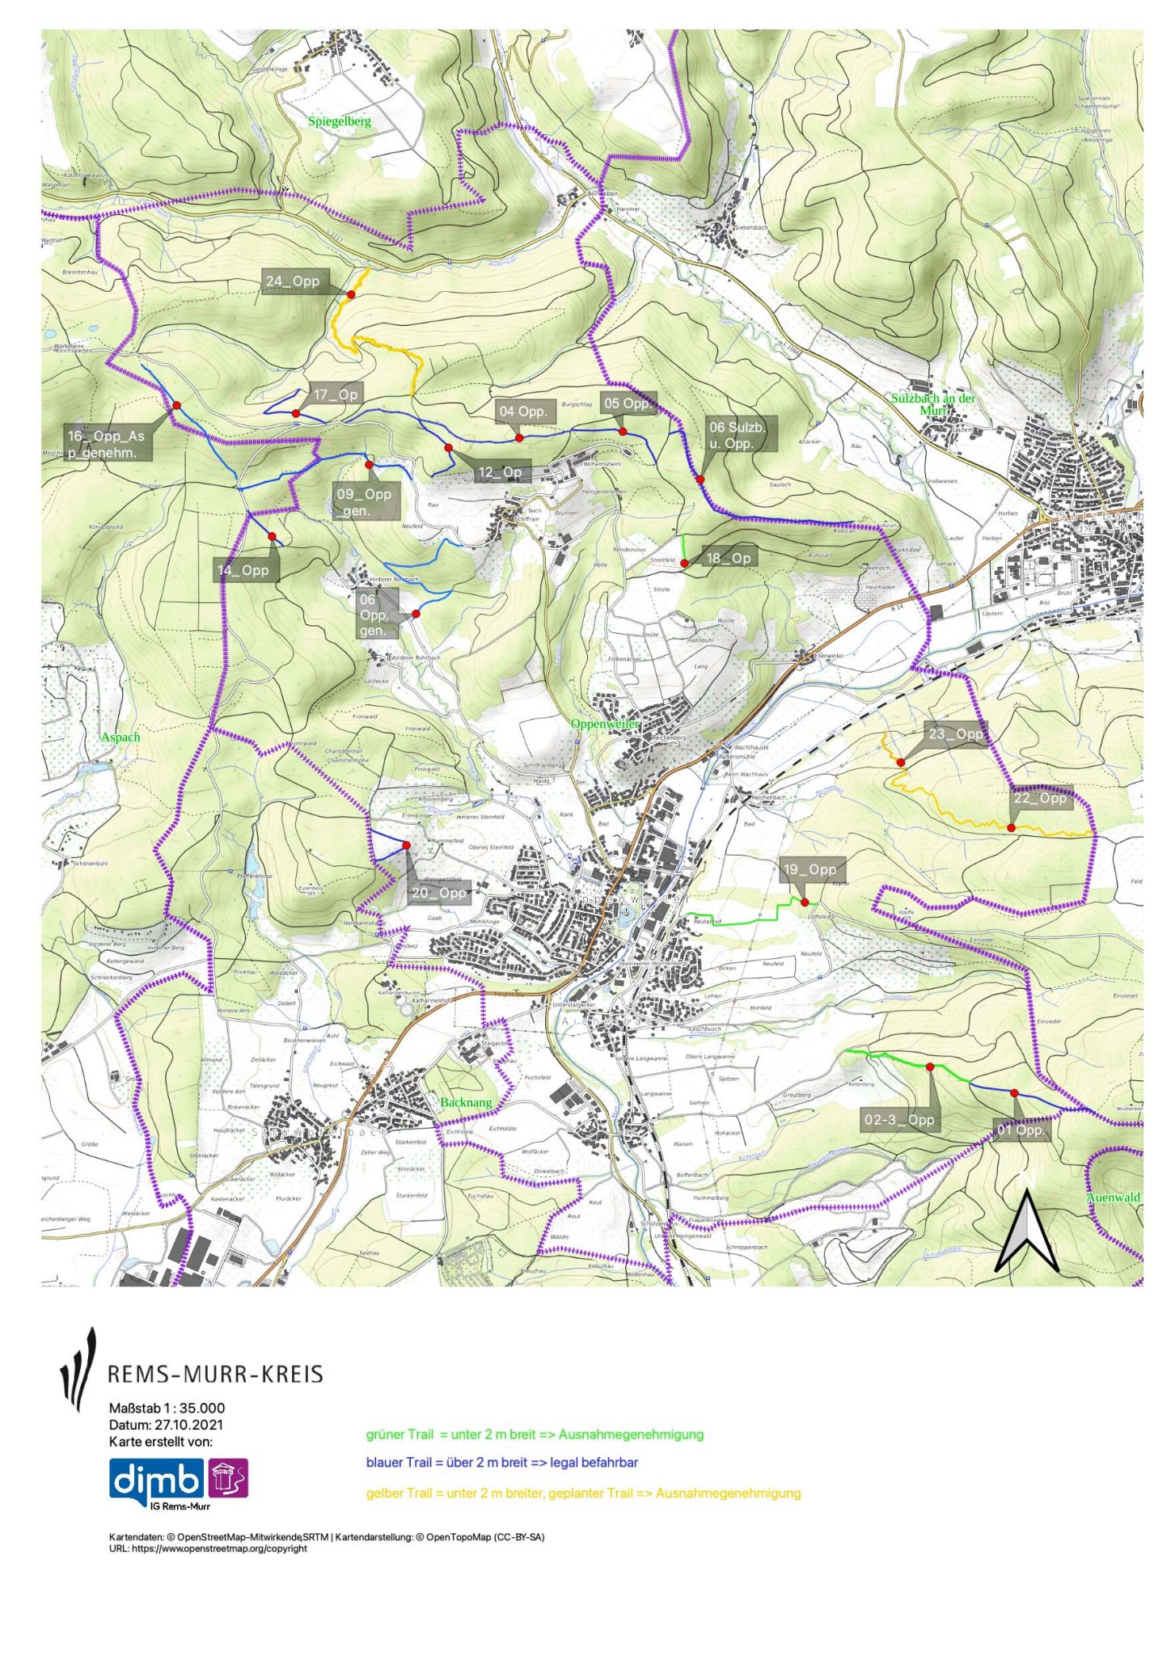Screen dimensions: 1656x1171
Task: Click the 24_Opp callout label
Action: point(293,281)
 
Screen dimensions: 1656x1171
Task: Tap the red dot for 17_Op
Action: point(295,413)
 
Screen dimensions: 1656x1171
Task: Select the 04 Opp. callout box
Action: point(523,412)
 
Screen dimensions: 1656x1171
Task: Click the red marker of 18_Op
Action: point(684,564)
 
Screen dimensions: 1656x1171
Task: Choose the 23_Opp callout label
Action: point(955,734)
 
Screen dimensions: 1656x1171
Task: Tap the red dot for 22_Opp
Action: point(1012,827)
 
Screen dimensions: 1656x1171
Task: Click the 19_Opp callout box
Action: point(810,869)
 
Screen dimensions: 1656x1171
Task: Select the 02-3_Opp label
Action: point(899,1120)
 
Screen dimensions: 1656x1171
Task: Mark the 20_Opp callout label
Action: point(439,893)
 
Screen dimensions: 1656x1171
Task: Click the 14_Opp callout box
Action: point(243,570)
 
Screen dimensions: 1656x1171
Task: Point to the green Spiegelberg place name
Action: point(339,121)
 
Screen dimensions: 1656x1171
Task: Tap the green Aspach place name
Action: point(120,737)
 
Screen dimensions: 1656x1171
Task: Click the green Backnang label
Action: point(466,1102)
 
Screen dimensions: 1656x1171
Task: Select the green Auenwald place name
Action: point(1113,1198)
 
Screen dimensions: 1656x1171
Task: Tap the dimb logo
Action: point(158,1481)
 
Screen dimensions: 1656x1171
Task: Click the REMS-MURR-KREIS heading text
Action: point(215,1374)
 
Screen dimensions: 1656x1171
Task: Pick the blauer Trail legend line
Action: point(501,1462)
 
